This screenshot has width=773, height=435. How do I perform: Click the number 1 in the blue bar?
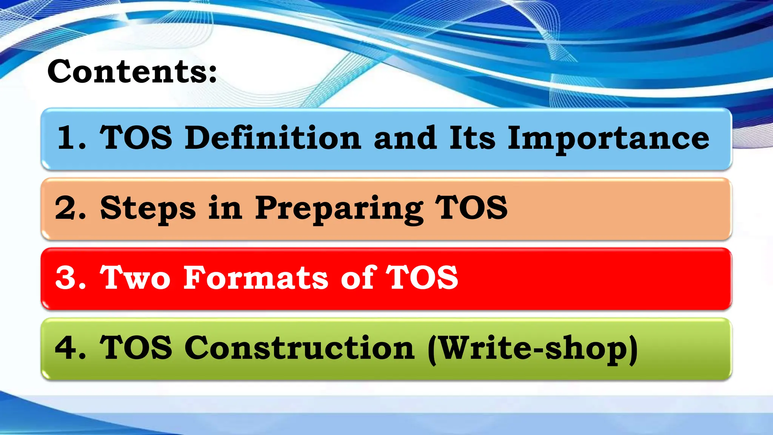(x=68, y=138)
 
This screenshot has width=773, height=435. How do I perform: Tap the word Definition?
(x=273, y=138)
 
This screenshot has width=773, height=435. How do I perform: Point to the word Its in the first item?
(x=472, y=138)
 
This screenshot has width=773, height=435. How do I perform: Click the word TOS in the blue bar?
(x=136, y=138)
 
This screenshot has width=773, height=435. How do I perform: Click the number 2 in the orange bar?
(x=66, y=208)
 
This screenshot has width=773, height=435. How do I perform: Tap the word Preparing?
(x=339, y=208)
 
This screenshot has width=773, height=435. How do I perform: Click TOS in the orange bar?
(x=471, y=208)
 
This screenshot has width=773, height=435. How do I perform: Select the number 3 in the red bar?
(x=66, y=278)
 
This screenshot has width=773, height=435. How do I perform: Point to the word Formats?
(x=256, y=278)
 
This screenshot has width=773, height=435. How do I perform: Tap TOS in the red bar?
(x=422, y=278)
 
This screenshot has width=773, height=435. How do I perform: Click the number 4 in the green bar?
(x=66, y=348)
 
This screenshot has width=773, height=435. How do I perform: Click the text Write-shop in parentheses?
(x=532, y=348)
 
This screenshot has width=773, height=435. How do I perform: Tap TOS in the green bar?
(x=136, y=348)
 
